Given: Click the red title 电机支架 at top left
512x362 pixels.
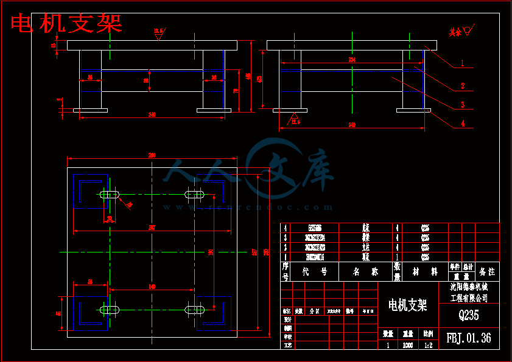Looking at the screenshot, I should [67, 23].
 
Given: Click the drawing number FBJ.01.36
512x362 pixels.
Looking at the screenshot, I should [469, 338].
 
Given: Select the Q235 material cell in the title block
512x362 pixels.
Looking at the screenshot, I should [469, 315].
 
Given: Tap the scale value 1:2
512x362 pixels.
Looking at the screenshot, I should [428, 345].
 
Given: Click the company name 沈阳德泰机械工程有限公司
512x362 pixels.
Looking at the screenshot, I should [469, 292].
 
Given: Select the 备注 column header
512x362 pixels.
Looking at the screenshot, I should [487, 271].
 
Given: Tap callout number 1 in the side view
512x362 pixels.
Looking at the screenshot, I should [463, 63].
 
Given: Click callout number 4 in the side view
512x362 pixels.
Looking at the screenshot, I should [463, 124].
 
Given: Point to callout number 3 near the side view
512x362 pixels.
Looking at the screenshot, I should [463, 105].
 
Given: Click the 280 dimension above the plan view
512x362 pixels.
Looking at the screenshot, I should [152, 156].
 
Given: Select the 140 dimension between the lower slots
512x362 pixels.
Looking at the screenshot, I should [152, 286].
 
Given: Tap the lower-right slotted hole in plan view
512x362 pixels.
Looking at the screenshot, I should [194, 310].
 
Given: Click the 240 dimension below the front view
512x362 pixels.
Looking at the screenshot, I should [152, 114].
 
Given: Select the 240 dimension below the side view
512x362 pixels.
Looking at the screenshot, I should [351, 125].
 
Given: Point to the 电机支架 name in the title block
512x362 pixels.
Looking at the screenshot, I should [407, 304].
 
